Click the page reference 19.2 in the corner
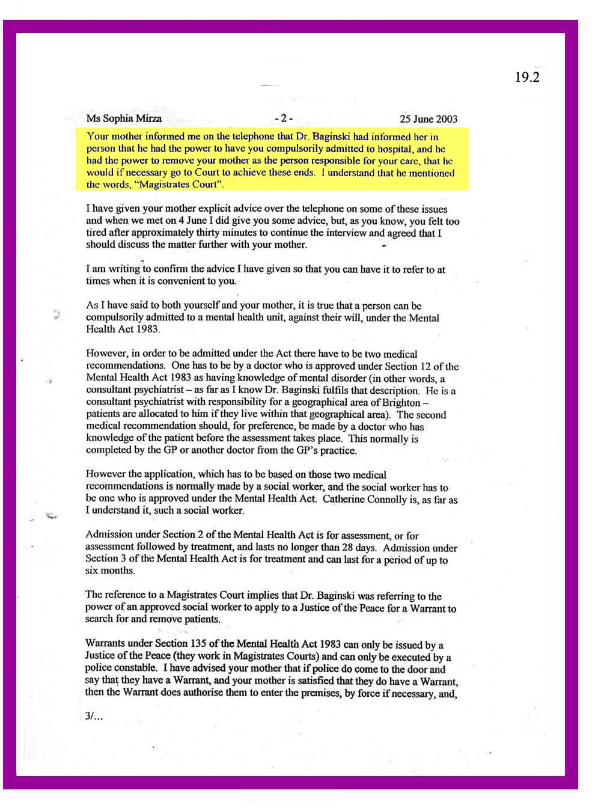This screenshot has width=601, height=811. pyautogui.click(x=527, y=78)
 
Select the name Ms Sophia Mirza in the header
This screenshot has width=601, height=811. pyautogui.click(x=124, y=118)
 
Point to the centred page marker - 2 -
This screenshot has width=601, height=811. pyautogui.click(x=282, y=118)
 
